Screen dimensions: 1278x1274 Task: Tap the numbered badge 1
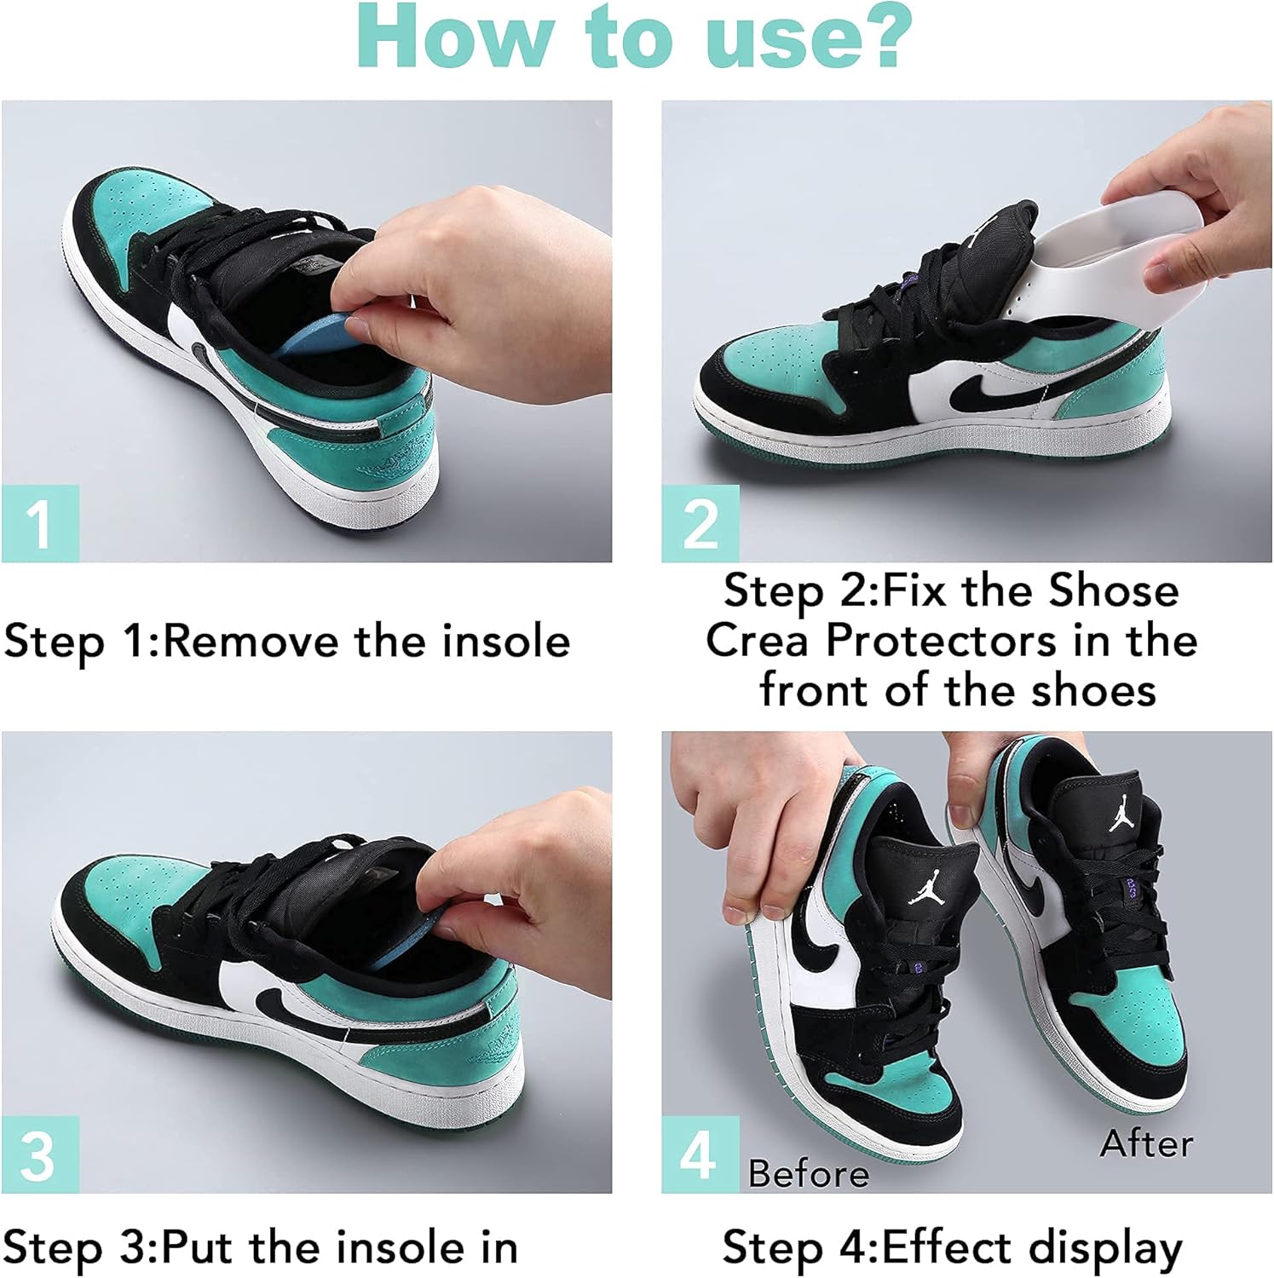40,523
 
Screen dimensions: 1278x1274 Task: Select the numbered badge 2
700,523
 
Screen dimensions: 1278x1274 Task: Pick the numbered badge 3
40,1154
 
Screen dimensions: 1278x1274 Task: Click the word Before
809,1174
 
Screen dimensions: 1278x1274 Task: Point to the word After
1146,1143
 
